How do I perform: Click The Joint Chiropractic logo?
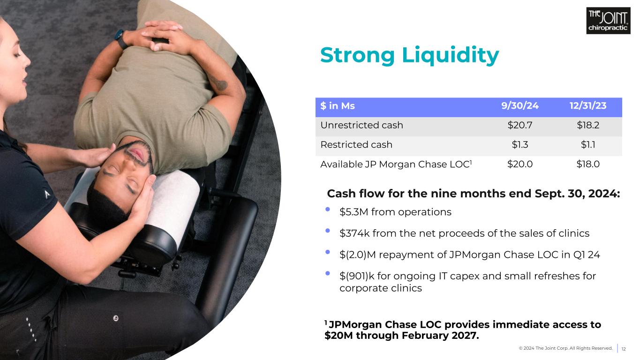(x=608, y=21)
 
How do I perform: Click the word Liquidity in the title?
(x=451, y=55)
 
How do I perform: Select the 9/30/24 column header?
(x=520, y=106)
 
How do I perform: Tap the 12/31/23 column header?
(x=587, y=106)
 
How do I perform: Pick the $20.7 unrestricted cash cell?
(x=520, y=125)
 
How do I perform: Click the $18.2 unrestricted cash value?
(x=587, y=125)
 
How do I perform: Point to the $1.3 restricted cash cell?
(x=520, y=144)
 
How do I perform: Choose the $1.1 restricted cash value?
(x=587, y=144)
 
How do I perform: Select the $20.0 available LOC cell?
(x=520, y=164)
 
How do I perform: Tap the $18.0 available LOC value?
(x=587, y=164)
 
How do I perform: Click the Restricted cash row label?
(x=356, y=144)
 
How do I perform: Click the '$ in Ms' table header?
(x=338, y=106)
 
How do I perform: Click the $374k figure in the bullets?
(x=354, y=233)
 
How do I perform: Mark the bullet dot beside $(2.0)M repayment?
(x=328, y=252)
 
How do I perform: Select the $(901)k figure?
(x=357, y=276)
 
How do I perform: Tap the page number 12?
(x=624, y=349)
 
